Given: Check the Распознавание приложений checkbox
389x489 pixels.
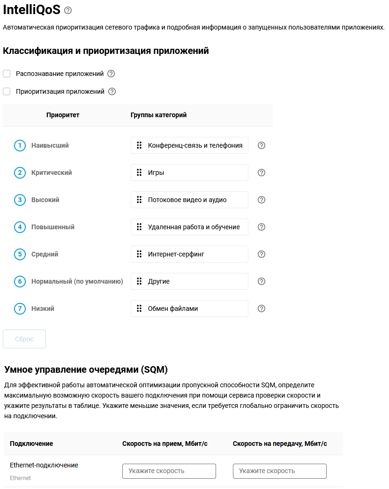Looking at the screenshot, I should (7, 74).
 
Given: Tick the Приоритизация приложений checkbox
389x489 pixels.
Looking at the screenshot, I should (7, 91).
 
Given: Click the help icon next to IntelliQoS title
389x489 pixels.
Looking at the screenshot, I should (68, 10).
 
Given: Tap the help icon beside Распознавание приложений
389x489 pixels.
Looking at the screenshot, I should (111, 74).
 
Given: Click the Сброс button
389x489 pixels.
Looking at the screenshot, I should (24, 339).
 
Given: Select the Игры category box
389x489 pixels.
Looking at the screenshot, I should (189, 173).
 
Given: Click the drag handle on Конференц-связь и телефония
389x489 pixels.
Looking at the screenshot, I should (139, 145).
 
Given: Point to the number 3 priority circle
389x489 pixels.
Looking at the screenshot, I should (20, 200).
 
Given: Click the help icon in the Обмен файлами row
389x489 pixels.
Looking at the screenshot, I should (262, 308).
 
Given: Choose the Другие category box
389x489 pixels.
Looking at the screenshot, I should (189, 281).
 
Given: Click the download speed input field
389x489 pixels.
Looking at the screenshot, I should (169, 471).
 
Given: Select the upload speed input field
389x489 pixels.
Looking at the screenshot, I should (280, 471).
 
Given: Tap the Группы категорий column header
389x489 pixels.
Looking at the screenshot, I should (158, 115).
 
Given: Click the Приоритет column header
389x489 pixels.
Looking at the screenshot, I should (63, 115).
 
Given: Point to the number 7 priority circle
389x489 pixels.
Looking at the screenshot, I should (20, 308).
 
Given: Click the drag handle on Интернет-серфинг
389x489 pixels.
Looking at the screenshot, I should (139, 254).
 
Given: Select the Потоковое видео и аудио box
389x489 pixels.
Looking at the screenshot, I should (189, 200).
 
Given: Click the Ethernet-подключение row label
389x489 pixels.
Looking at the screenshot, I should (44, 466).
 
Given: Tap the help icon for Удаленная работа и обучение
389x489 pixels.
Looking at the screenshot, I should (262, 227).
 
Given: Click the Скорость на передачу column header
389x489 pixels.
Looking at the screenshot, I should (280, 444).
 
